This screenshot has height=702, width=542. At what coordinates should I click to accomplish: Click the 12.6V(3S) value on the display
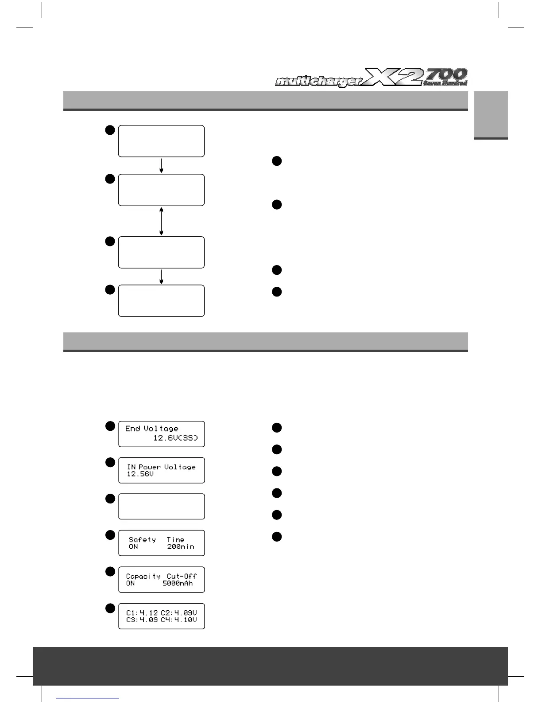tap(175, 438)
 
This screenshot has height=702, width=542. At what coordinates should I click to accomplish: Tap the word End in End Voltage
tap(132, 429)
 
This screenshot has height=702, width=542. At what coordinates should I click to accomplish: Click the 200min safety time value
tap(181, 547)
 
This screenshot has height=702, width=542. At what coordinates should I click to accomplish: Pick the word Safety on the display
tap(142, 540)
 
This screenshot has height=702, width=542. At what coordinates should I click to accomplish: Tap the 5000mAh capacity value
tap(178, 583)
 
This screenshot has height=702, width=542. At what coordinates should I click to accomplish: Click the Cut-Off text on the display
tap(182, 576)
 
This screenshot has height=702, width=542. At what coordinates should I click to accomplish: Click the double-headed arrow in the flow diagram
tap(161, 221)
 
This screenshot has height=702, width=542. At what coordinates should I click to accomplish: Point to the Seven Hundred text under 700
tap(445, 83)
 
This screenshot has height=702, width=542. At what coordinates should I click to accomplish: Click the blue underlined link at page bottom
tap(88, 698)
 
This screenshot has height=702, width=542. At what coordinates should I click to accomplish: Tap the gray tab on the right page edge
tap(491, 115)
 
